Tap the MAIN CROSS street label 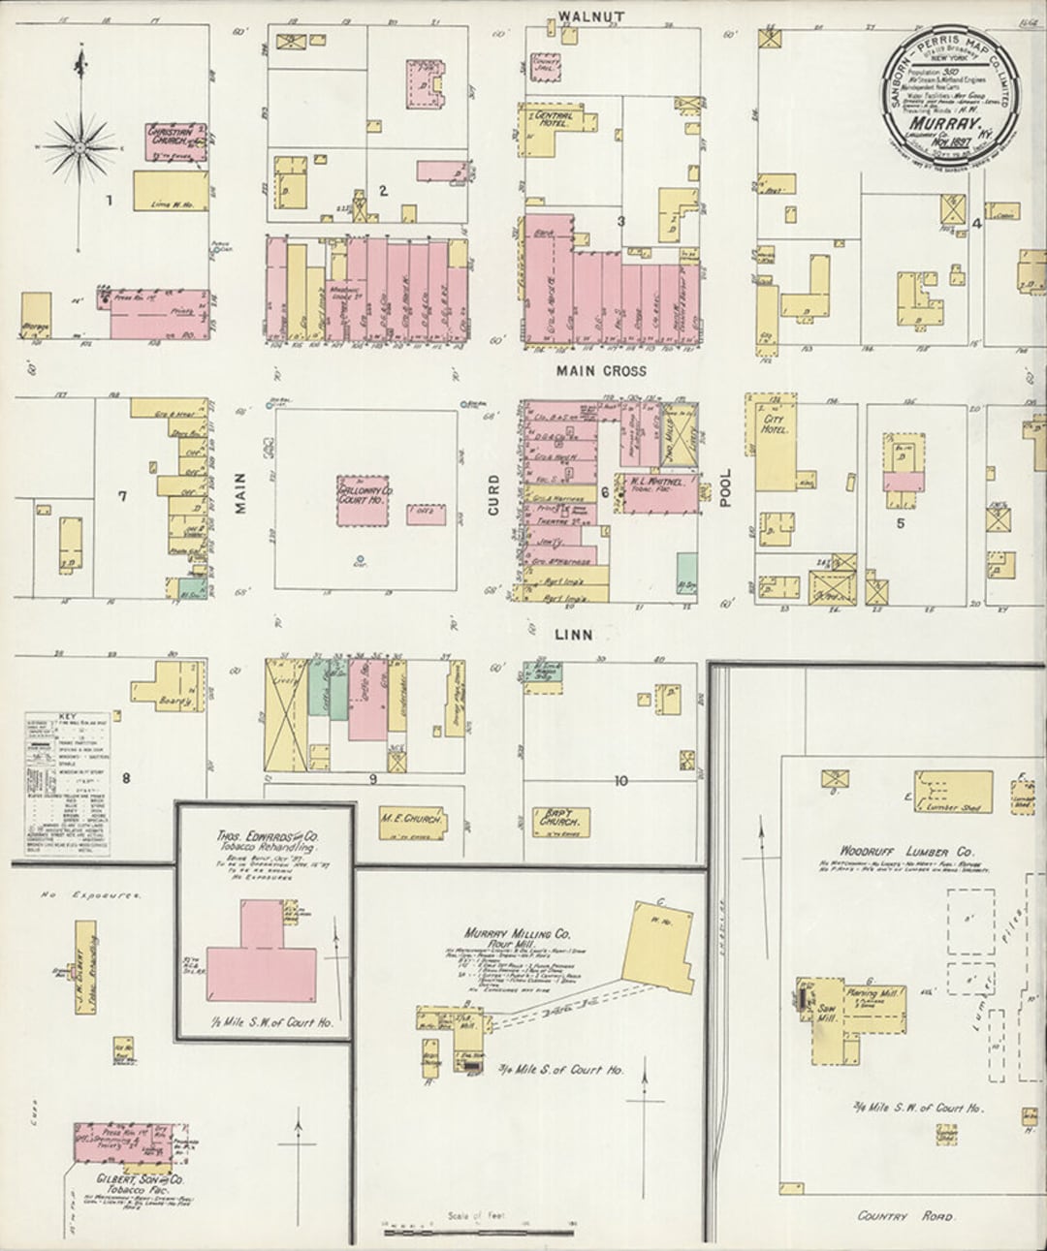[601, 370]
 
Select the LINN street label [575, 635]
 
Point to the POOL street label [726, 488]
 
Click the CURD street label [493, 494]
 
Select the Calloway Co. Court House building [364, 501]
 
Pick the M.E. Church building [410, 820]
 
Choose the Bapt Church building [557, 821]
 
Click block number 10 [620, 780]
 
